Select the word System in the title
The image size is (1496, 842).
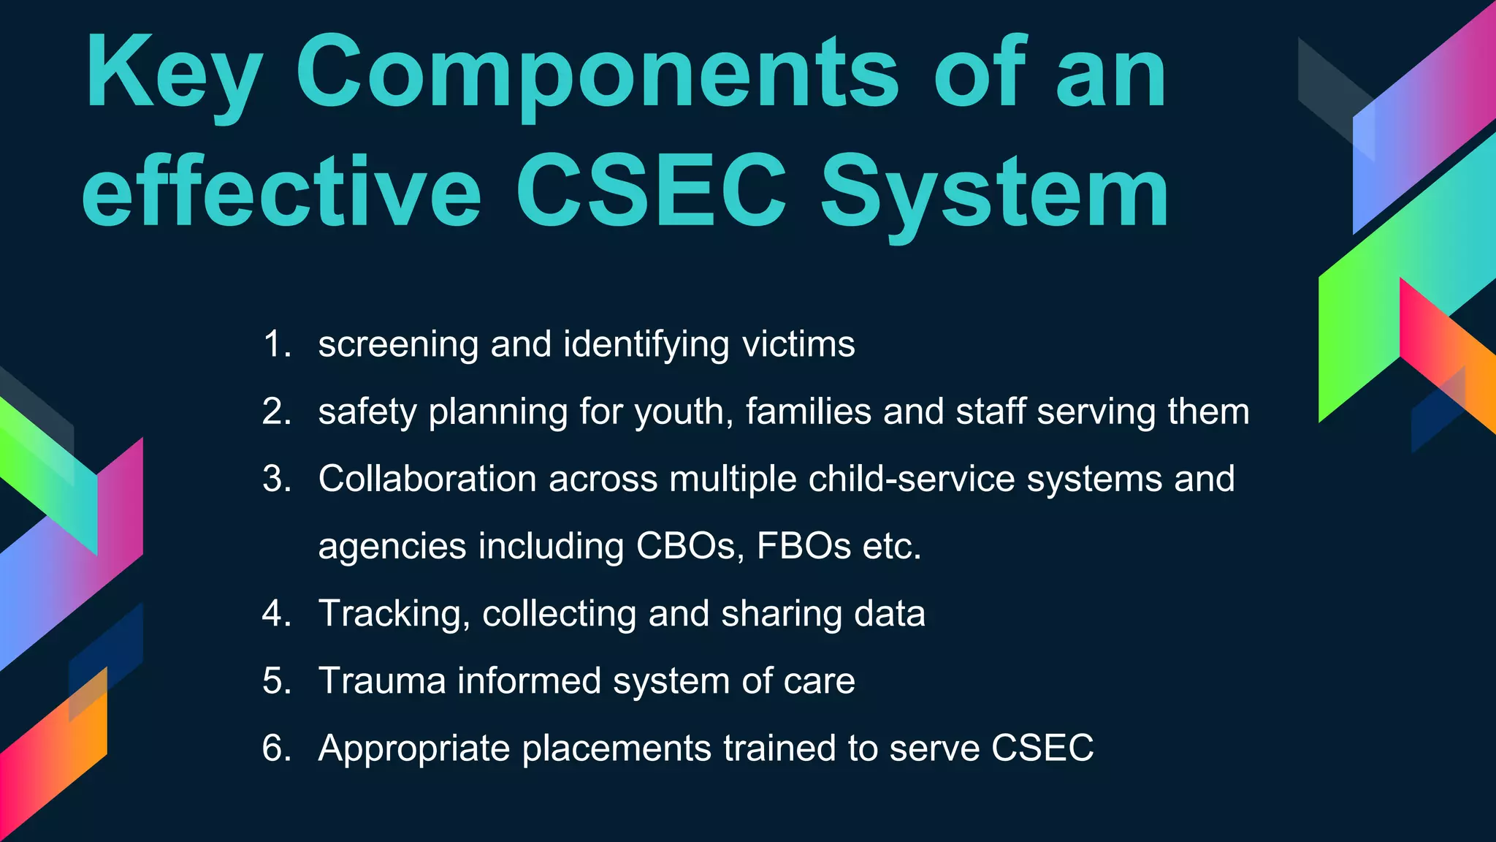(994, 194)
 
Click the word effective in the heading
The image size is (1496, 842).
(281, 194)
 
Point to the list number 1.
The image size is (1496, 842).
(276, 344)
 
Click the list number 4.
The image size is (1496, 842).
(276, 613)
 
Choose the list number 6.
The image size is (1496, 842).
(276, 748)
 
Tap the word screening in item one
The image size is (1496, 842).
(398, 344)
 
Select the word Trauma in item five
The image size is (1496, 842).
(382, 681)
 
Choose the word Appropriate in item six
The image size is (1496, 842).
(414, 748)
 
